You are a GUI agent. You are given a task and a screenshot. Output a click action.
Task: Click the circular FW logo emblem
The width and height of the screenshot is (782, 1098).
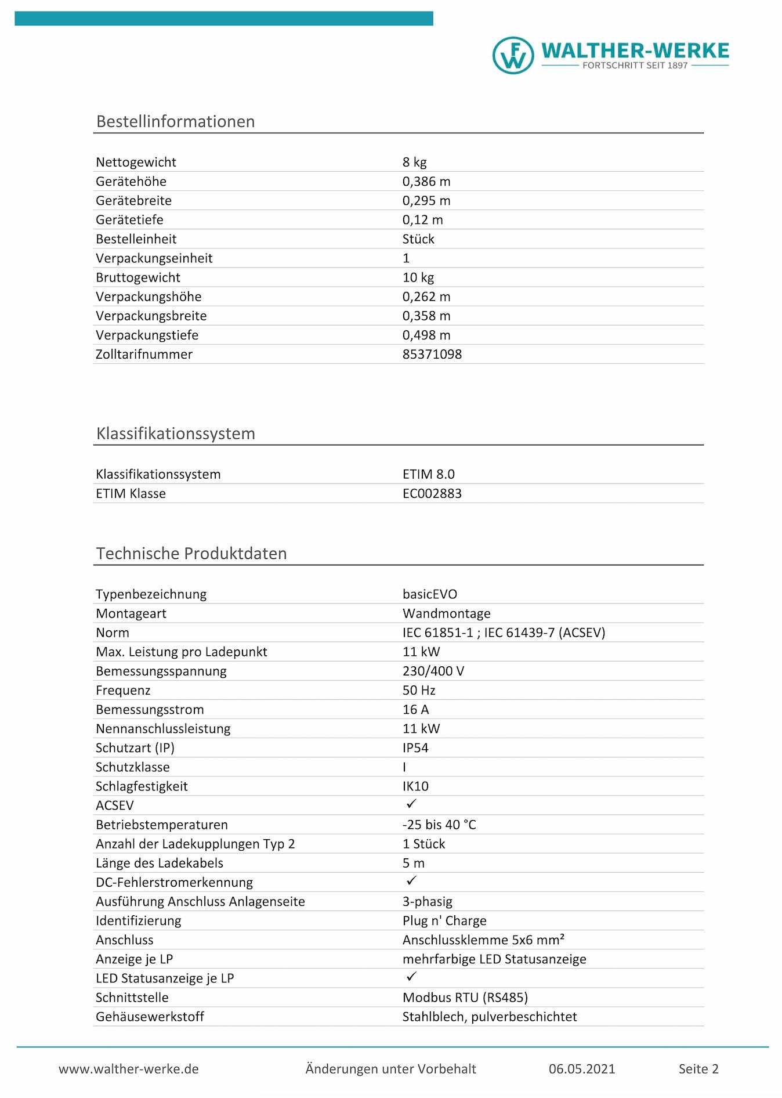click(x=513, y=56)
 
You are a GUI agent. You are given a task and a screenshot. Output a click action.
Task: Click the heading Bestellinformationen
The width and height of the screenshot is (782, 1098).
click(x=175, y=121)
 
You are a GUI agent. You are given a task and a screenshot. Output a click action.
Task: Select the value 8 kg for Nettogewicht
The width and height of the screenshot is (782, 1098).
click(x=414, y=162)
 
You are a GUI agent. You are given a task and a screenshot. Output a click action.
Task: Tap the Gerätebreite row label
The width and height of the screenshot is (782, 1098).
click(x=133, y=200)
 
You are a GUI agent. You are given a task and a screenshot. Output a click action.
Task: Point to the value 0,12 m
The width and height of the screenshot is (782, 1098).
click(x=422, y=219)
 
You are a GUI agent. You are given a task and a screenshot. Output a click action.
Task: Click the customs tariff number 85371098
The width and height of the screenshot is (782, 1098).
click(x=432, y=354)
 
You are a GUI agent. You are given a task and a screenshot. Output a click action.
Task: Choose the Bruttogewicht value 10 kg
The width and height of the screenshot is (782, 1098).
click(x=418, y=277)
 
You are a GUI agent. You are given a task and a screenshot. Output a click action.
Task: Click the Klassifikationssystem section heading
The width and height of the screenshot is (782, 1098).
click(x=175, y=434)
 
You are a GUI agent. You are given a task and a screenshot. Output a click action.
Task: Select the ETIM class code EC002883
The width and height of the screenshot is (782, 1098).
click(x=432, y=493)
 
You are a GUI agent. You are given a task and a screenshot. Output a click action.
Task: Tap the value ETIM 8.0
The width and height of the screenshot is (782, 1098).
click(x=428, y=474)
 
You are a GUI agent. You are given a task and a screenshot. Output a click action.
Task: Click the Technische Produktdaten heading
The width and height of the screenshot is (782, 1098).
click(x=191, y=553)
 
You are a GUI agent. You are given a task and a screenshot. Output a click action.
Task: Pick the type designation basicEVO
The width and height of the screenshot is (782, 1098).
click(x=429, y=594)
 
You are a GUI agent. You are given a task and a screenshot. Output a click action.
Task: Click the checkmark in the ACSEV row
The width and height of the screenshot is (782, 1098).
click(x=411, y=804)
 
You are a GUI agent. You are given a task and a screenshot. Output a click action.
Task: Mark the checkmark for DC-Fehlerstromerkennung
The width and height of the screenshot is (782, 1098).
click(x=411, y=881)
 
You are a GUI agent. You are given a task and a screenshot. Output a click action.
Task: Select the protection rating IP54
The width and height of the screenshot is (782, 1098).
click(x=415, y=747)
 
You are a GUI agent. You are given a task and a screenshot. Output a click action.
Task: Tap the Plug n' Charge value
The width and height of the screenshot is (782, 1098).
click(x=444, y=920)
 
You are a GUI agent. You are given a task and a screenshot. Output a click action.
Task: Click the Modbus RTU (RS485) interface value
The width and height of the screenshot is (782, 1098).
click(x=465, y=997)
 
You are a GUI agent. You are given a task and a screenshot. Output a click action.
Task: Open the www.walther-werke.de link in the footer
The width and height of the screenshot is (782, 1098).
click(x=128, y=1068)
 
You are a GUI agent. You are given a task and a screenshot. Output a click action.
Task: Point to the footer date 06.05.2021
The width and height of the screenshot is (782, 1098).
click(x=581, y=1068)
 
